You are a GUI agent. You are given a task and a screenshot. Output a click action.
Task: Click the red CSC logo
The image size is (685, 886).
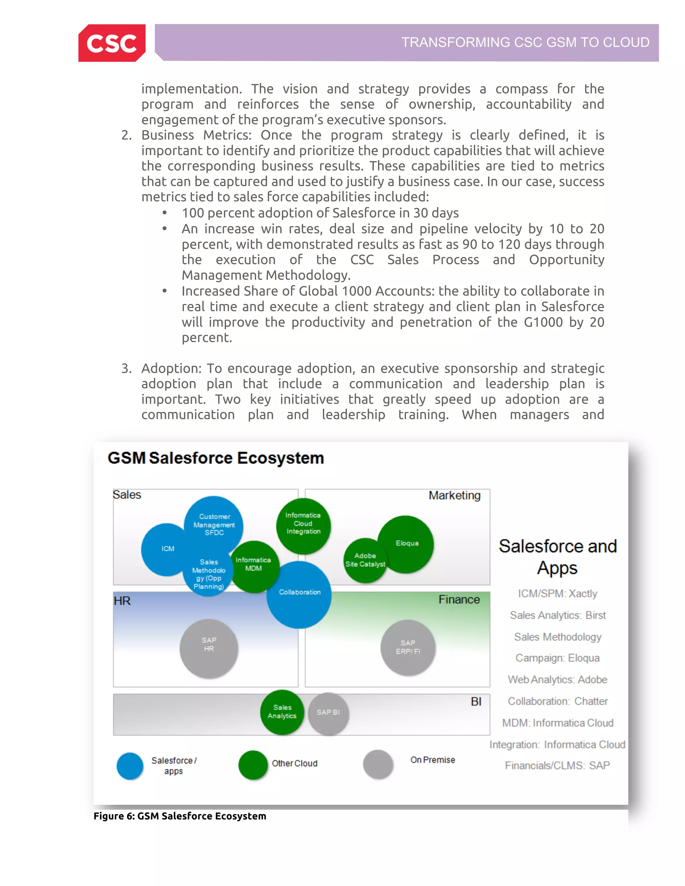pyautogui.click(x=112, y=43)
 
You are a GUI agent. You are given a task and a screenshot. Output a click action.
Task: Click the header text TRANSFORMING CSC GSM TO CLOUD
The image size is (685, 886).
pyautogui.click(x=525, y=42)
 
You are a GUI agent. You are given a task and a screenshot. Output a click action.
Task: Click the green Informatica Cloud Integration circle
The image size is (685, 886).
pyautogui.click(x=303, y=525)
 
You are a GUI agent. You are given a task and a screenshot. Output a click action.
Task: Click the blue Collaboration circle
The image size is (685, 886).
pyautogui.click(x=299, y=595)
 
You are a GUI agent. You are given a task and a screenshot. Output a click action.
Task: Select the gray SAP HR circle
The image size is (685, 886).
pyautogui.click(x=209, y=648)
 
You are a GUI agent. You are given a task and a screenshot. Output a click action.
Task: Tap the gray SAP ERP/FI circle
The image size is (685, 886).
pyautogui.click(x=408, y=648)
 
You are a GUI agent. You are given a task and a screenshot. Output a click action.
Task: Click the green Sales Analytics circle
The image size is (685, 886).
pyautogui.click(x=282, y=712)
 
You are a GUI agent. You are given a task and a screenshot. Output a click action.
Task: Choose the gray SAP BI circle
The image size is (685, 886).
pyautogui.click(x=328, y=713)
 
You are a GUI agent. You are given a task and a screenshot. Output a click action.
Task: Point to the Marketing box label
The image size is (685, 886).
pyautogui.click(x=454, y=495)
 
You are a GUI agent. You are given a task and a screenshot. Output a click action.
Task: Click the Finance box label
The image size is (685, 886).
pyautogui.click(x=459, y=599)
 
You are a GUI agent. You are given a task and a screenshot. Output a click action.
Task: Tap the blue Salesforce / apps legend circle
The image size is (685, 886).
pyautogui.click(x=130, y=766)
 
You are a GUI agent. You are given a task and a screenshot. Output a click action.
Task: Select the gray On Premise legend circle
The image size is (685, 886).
pyautogui.click(x=378, y=764)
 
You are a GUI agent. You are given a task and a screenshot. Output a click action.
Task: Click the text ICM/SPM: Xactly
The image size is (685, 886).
pyautogui.click(x=557, y=593)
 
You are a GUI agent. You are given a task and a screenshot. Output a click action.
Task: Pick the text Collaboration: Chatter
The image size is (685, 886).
pyautogui.click(x=557, y=701)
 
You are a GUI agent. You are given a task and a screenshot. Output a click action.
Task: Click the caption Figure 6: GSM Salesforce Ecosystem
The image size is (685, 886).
pyautogui.click(x=180, y=816)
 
